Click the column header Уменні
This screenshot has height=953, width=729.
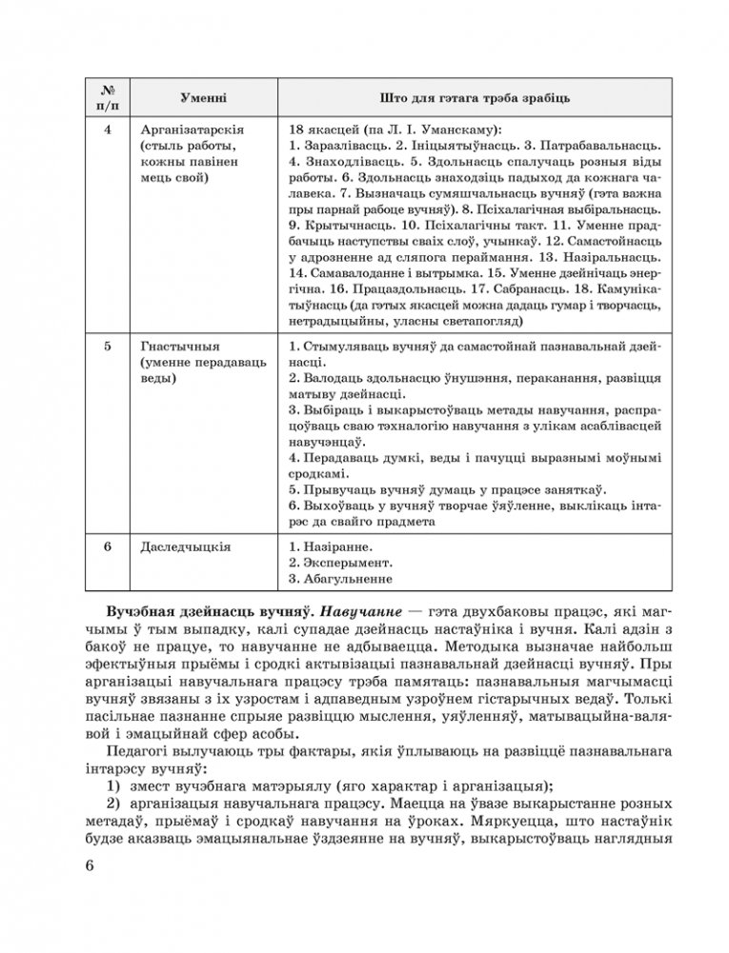click(203, 99)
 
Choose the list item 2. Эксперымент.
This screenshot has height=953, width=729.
click(339, 563)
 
